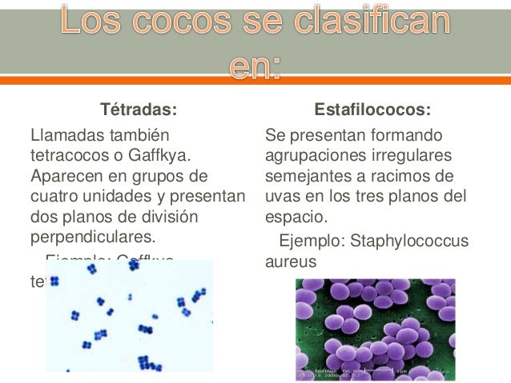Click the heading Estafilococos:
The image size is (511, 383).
coord(372,109)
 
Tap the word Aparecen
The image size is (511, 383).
coord(65,174)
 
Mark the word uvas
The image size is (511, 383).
coord(280,195)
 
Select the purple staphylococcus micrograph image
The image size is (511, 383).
coord(375,329)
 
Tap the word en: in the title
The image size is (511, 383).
coord(255,68)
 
